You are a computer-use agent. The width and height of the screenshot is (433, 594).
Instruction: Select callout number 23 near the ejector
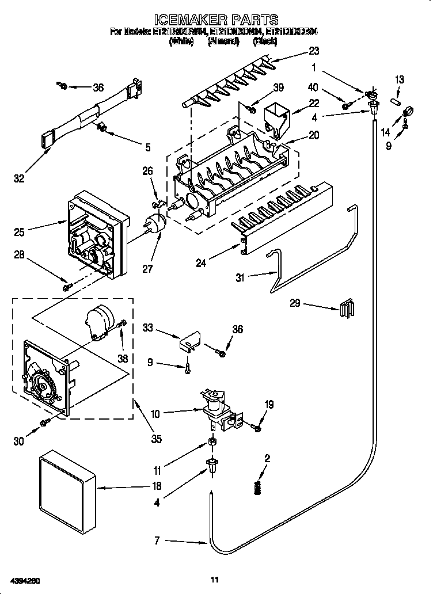[314, 50]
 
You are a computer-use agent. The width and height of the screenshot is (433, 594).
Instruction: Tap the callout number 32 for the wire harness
[20, 179]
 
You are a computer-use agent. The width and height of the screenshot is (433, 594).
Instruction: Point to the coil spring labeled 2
[257, 486]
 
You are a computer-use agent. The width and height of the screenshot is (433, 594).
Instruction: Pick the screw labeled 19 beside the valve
[256, 427]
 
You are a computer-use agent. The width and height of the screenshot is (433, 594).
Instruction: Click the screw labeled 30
[44, 424]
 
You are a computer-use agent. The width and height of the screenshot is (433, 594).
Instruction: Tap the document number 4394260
[25, 580]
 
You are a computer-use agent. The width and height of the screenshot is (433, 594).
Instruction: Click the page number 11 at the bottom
[215, 580]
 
